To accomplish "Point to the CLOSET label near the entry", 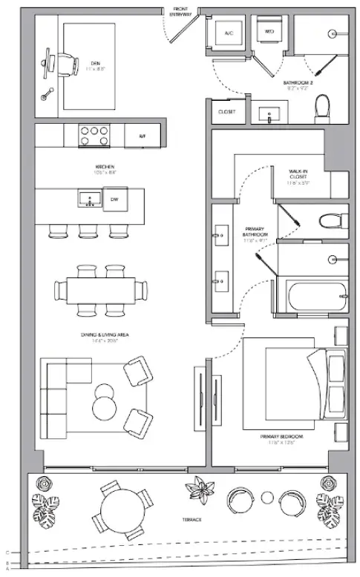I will [x=227, y=112].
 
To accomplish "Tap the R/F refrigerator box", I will [x=141, y=136].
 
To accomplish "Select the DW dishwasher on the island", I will [x=114, y=199].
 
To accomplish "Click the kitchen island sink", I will [x=89, y=199].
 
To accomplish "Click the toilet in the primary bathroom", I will [x=330, y=220].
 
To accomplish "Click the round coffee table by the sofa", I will [x=105, y=407].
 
